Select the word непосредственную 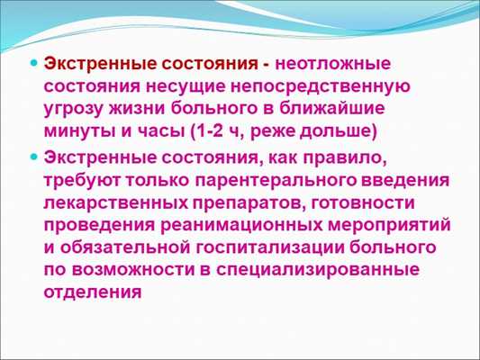[326, 87]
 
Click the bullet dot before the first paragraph [34, 66]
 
